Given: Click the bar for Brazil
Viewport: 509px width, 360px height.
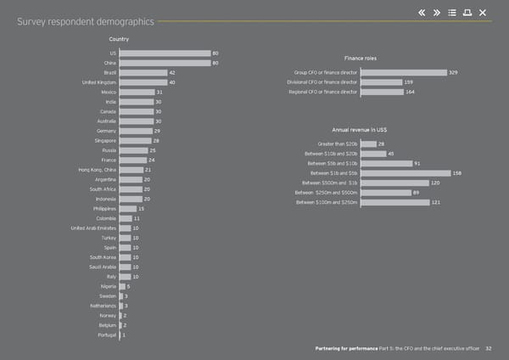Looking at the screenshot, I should click(143, 73).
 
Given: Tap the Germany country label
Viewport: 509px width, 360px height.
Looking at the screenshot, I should click(106, 131).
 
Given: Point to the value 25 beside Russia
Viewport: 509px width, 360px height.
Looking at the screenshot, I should click(152, 150).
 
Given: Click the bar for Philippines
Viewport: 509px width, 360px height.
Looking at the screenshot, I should click(127, 208).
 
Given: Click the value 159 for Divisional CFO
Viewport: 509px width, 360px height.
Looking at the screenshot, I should click(409, 82).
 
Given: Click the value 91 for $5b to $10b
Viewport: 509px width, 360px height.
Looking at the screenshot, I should click(417, 163).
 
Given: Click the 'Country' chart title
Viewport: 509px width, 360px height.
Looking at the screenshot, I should click(119, 40).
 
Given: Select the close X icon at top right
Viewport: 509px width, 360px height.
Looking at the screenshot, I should click(483, 11).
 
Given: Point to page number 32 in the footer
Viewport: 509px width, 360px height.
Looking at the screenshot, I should click(501, 349).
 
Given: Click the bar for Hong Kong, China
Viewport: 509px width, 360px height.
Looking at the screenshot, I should click(131, 170).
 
